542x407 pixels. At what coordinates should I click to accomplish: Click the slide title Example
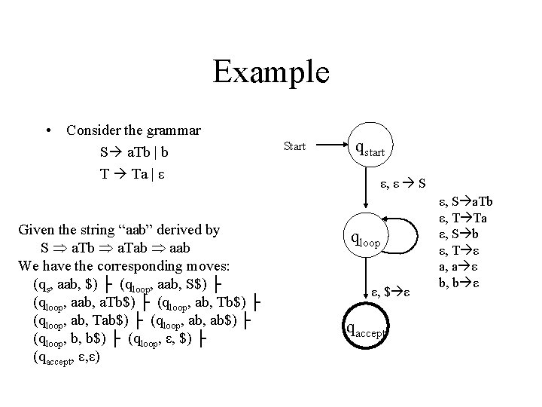pos(271,72)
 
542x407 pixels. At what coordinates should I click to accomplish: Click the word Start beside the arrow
pos(294,146)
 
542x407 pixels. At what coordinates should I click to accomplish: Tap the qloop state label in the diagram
pos(367,240)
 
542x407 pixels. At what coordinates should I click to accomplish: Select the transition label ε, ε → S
pos(403,182)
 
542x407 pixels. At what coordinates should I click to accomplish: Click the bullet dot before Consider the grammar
pos(49,130)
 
